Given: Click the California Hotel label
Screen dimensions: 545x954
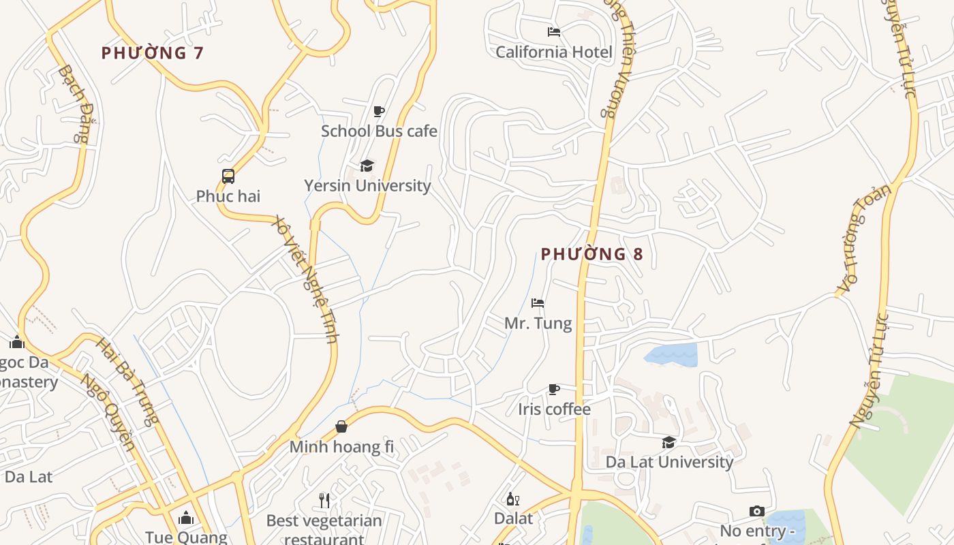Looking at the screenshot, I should [x=554, y=52].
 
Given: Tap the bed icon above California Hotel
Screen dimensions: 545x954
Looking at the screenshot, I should [x=554, y=31].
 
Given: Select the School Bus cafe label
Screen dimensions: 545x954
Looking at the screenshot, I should [x=379, y=131].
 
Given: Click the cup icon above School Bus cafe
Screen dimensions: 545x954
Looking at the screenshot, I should [x=379, y=111].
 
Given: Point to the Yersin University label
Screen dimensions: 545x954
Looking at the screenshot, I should [x=367, y=185].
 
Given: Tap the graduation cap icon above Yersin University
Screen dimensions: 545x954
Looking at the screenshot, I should [x=367, y=166].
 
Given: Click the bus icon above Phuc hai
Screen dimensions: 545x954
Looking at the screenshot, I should [x=228, y=176].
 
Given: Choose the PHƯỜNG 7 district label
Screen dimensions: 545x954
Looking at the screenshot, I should [x=153, y=53].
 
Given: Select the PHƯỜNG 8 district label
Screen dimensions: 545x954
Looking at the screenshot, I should [x=591, y=254].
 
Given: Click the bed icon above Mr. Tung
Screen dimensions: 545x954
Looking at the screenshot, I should [x=538, y=303].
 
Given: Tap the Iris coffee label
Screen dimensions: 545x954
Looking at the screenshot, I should [x=554, y=409].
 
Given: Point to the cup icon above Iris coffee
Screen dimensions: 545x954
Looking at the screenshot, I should [x=554, y=389].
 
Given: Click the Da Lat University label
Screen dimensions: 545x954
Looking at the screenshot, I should [x=669, y=462].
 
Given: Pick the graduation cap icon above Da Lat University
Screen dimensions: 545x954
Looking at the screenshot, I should [x=669, y=442].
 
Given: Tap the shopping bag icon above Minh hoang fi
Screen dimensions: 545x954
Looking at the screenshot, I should [x=341, y=426].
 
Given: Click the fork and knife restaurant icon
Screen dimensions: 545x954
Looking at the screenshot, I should [x=324, y=501].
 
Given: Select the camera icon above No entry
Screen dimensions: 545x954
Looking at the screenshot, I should [x=756, y=511].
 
